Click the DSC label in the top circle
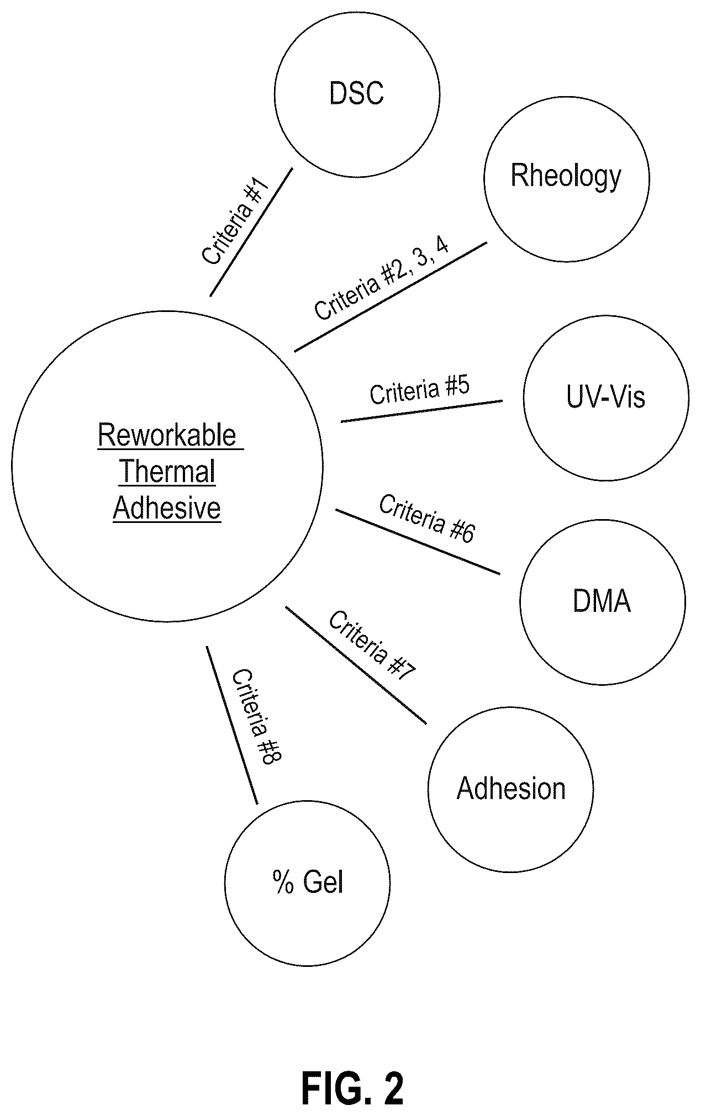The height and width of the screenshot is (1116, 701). coord(356,93)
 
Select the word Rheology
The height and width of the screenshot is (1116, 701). coord(566,177)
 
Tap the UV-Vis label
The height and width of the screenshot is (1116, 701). coord(605,397)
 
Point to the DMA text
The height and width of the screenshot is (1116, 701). coord(602,601)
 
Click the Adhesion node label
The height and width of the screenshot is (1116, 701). coord(511,789)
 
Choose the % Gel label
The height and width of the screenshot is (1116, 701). coord(308,882)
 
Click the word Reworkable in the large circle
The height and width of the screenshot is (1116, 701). coord(167,435)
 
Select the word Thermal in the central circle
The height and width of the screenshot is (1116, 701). coord(167,472)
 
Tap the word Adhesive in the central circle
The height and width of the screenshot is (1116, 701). coord(167,508)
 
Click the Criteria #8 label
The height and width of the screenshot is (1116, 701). coord(256,716)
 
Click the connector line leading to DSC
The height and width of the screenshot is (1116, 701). coord(251,232)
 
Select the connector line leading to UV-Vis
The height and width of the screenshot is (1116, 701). coord(422,411)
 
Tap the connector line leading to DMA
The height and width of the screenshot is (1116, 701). coord(418,542)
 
